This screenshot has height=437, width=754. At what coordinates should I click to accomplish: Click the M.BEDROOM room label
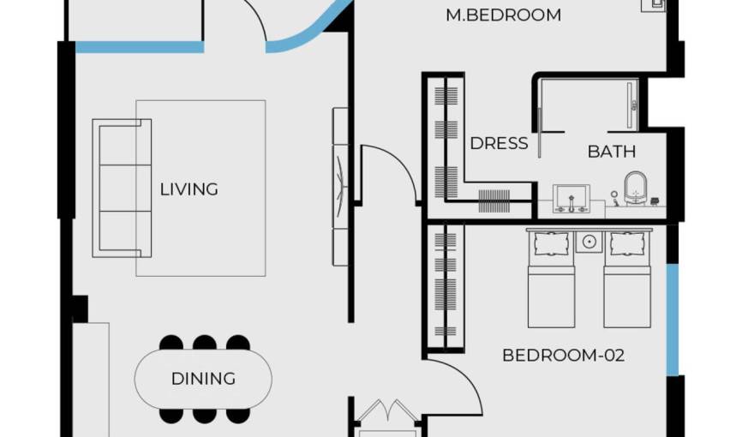(504, 15)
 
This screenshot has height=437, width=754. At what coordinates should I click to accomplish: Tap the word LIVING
(189, 189)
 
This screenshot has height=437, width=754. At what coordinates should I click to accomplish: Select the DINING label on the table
(203, 379)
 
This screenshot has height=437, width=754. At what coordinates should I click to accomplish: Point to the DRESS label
(499, 144)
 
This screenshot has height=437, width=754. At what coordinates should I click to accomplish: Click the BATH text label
(612, 153)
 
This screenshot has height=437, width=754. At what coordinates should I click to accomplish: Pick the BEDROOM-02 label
(563, 355)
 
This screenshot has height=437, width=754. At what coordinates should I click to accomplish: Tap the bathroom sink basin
(570, 197)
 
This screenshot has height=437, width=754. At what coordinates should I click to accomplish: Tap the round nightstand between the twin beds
(589, 242)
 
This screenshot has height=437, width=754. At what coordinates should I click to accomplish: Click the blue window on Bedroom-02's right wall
(673, 319)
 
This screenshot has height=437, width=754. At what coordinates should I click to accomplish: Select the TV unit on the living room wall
(340, 186)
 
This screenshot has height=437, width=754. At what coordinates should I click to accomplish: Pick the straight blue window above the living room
(140, 47)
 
